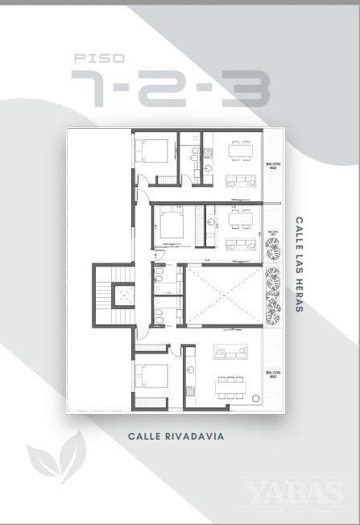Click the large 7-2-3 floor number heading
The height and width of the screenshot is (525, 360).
(169, 88)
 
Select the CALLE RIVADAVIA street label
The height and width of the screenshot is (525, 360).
(175, 436)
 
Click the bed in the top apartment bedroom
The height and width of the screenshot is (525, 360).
(154, 151)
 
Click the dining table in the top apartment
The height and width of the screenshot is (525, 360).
(240, 151)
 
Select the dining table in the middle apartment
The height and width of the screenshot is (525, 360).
(240, 217)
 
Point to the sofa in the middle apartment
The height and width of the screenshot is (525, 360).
(240, 243)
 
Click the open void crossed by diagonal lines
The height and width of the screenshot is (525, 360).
(222, 296)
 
